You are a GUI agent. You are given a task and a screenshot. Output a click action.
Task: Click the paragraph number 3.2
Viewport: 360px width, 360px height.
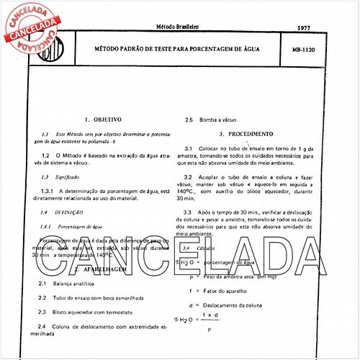(189, 176)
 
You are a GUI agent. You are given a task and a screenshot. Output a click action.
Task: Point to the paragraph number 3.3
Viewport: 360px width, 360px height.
(189, 212)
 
